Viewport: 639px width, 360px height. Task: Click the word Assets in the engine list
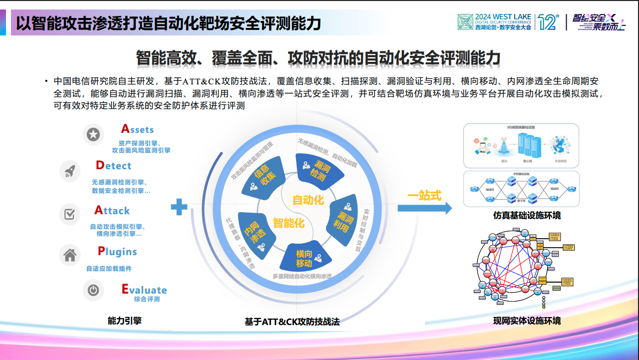click(x=137, y=129)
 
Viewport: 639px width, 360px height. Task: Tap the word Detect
click(x=113, y=165)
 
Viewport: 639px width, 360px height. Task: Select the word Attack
click(x=112, y=210)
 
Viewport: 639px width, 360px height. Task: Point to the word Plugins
click(x=117, y=251)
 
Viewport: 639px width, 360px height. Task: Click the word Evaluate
click(x=144, y=290)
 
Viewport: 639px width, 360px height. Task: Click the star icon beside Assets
click(x=93, y=134)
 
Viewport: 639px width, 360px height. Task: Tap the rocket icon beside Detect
click(x=70, y=171)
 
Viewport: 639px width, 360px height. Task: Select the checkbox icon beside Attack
click(x=70, y=214)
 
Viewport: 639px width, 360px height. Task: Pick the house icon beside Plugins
click(x=70, y=255)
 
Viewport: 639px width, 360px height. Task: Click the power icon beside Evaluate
click(x=93, y=290)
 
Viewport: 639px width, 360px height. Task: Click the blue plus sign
click(x=179, y=207)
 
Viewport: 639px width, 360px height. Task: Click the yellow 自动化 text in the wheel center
click(x=308, y=200)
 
